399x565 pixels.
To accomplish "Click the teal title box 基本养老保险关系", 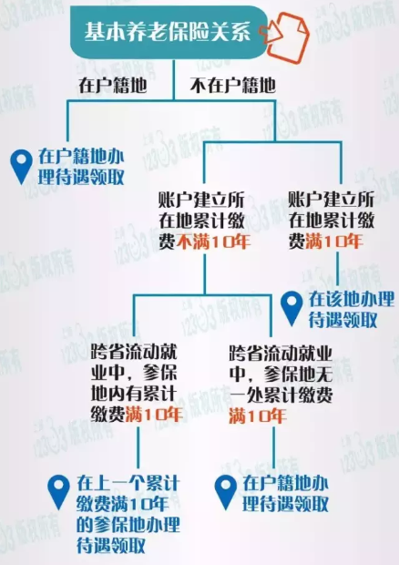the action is pos(169,32).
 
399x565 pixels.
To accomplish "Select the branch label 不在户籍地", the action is pos(232,86).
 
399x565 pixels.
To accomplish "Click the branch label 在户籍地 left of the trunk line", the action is pos(113,86).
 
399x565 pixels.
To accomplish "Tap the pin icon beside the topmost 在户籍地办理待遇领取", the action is pos(21,167).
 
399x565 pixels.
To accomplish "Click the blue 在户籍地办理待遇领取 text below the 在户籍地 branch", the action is pos(81,167).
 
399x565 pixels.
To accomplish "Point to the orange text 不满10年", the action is pos(213,241).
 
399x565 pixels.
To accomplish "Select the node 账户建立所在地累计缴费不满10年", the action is pos(205,221).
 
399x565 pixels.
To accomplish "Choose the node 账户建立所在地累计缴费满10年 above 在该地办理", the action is pos(332,221).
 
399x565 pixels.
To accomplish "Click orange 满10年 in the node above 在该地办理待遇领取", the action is pos(333,241).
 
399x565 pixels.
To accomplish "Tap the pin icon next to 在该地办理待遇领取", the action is pos(292,309).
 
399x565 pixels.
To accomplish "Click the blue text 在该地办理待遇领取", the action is pos(351,309).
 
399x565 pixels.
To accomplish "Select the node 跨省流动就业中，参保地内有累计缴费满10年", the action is pos(136,384).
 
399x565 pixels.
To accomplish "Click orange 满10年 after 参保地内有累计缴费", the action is pos(154,415).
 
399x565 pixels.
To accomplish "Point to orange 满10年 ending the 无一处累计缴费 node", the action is pos(258,416).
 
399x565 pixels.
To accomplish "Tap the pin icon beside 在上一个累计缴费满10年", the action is pos(58,492).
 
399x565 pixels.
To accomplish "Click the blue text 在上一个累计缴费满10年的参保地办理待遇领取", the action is pos(128,514).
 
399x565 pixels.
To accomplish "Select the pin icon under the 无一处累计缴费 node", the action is pos(225,492).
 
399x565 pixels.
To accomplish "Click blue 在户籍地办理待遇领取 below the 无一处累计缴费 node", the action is pos(285,493).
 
